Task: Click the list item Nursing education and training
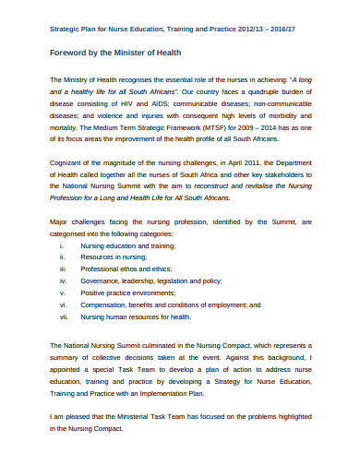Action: (x=126, y=247)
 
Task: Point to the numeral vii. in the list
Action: (x=63, y=317)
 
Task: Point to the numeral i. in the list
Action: (x=61, y=247)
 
